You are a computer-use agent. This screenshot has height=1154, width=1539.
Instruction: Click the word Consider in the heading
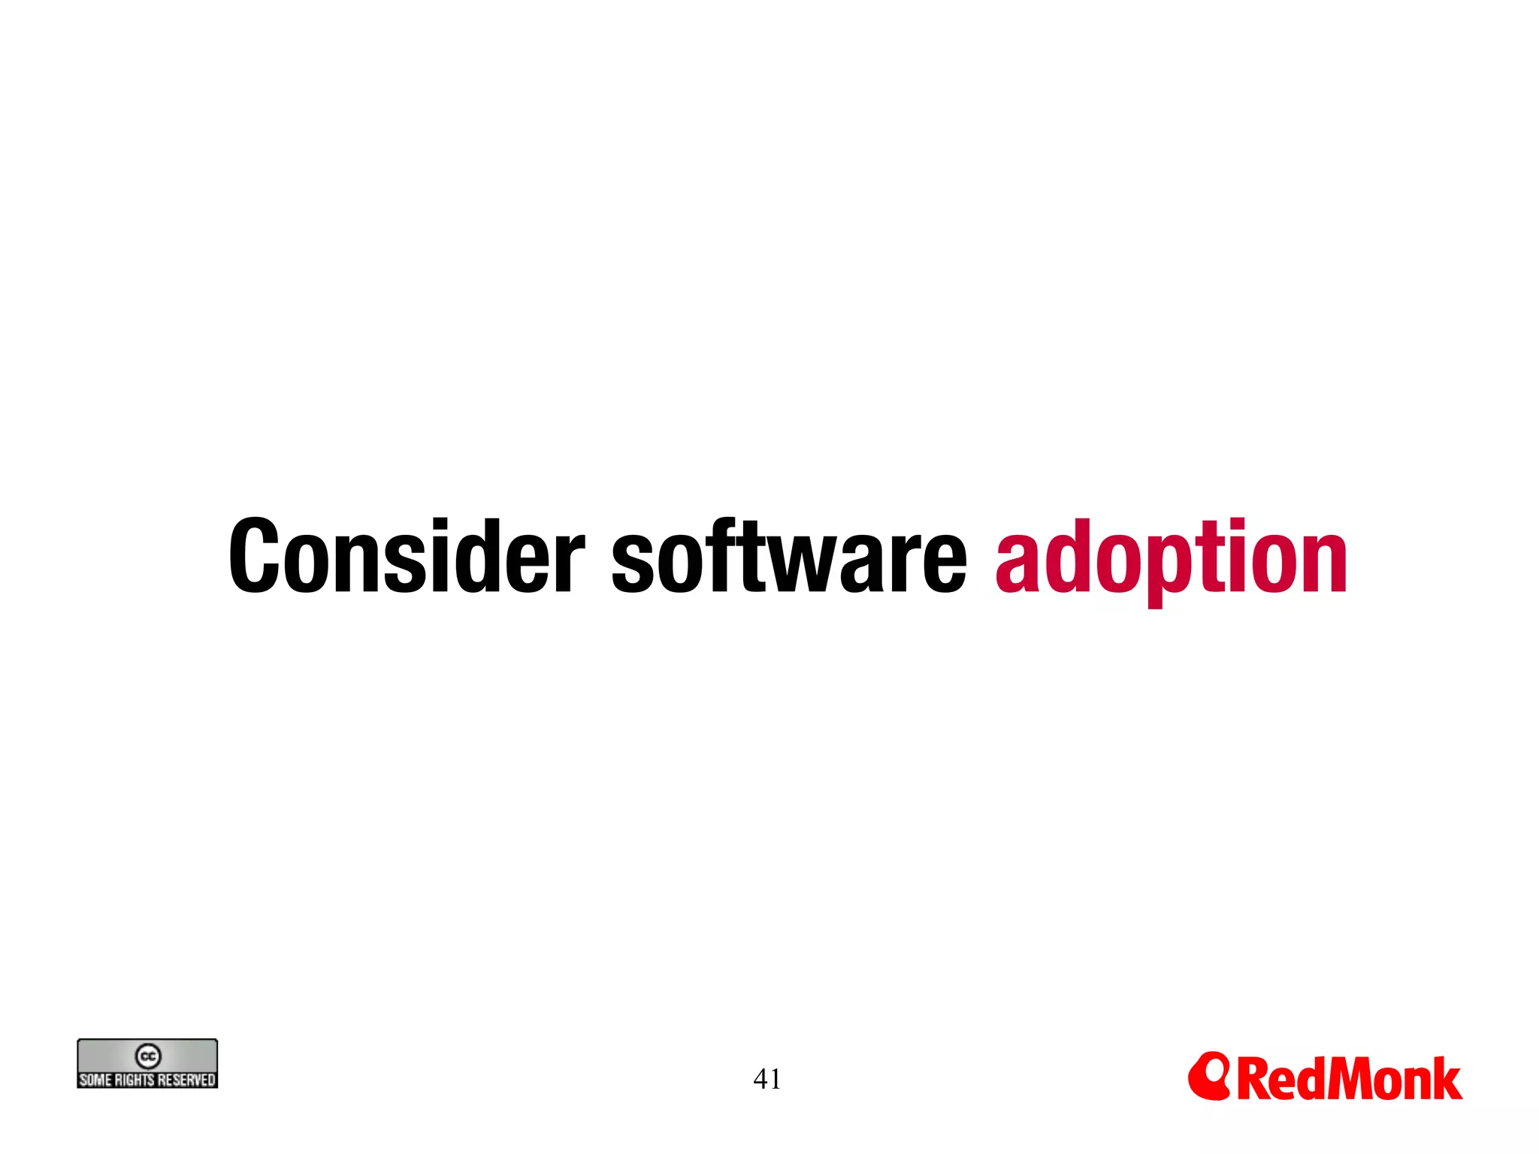click(x=407, y=557)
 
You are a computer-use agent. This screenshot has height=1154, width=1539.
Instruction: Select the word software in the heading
click(x=789, y=557)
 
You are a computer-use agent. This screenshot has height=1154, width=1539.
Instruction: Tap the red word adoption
click(x=1172, y=560)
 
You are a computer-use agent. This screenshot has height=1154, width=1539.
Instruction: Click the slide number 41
click(x=767, y=1080)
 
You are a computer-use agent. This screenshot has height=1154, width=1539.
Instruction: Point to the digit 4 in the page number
click(x=760, y=1080)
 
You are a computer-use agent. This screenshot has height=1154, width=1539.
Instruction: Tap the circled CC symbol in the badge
click(x=148, y=1056)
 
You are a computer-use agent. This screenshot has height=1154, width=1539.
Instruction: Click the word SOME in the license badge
click(x=95, y=1080)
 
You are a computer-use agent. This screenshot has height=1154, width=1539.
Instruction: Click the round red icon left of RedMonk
click(x=1208, y=1076)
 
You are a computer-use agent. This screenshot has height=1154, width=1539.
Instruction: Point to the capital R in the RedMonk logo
click(x=1253, y=1080)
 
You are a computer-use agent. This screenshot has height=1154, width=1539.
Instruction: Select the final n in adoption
click(x=1323, y=563)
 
